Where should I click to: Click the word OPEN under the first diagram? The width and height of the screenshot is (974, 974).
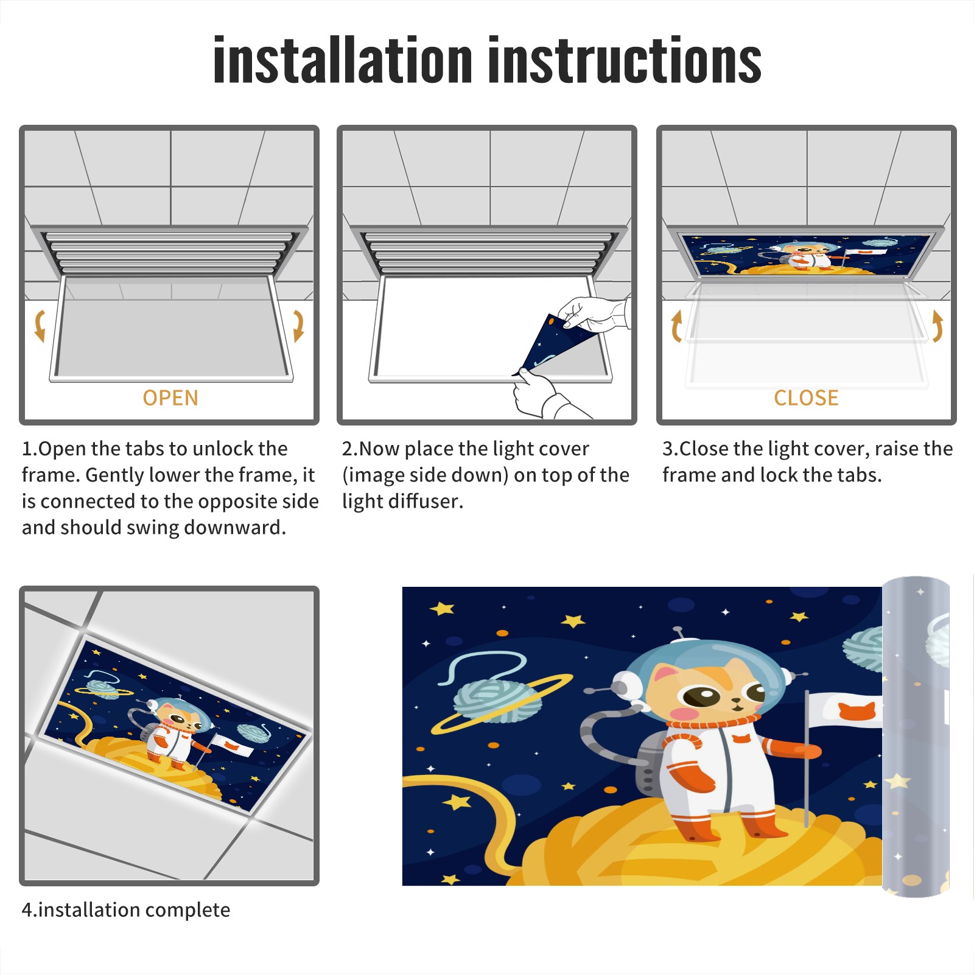pyautogui.click(x=170, y=398)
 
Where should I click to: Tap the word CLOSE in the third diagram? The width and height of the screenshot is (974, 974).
pyautogui.click(x=806, y=398)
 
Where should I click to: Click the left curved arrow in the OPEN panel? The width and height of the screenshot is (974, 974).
pyautogui.click(x=40, y=326)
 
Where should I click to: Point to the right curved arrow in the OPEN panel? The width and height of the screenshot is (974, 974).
pyautogui.click(x=298, y=326)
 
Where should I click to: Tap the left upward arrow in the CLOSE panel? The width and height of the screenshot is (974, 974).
pyautogui.click(x=676, y=326)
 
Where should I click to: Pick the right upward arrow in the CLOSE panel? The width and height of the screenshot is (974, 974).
pyautogui.click(x=937, y=326)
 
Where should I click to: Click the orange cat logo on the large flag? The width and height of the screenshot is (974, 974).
pyautogui.click(x=857, y=710)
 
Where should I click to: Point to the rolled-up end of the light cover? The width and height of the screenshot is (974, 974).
pyautogui.click(x=916, y=737)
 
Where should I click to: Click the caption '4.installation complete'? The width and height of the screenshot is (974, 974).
pyautogui.click(x=126, y=909)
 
